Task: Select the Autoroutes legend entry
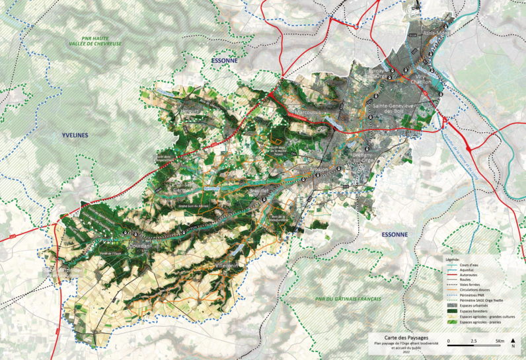(469, 273)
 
